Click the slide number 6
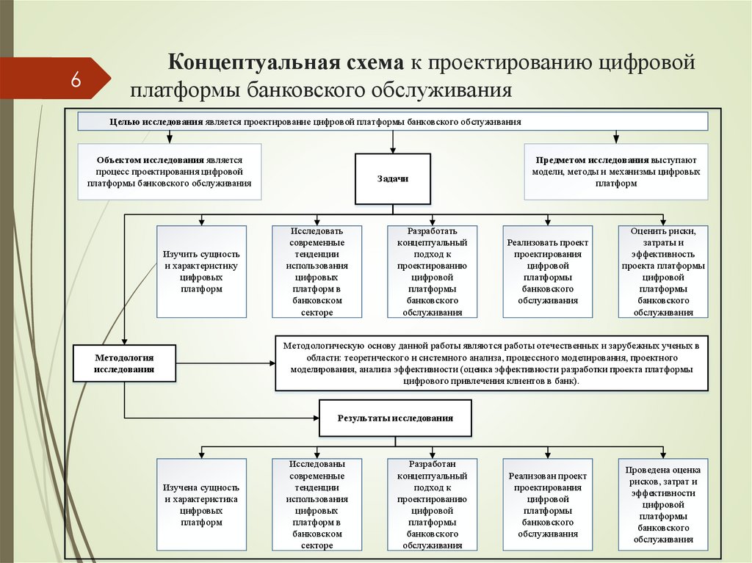click(x=76, y=79)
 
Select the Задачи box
click(x=392, y=178)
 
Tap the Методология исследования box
click(x=124, y=363)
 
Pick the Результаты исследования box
click(x=395, y=418)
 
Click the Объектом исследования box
click(x=170, y=172)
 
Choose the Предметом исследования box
click(x=615, y=172)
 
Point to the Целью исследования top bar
click(x=393, y=121)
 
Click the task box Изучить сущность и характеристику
click(x=200, y=272)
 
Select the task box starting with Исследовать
click(x=317, y=272)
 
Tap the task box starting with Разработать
click(x=432, y=272)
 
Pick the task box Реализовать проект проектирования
click(x=547, y=272)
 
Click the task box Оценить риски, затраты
click(x=663, y=272)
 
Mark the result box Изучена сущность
click(x=200, y=504)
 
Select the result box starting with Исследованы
click(x=317, y=504)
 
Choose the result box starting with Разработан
click(x=432, y=504)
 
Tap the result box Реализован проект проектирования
click(x=547, y=504)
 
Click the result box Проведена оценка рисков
click(x=663, y=504)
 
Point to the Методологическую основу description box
click(x=492, y=363)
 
